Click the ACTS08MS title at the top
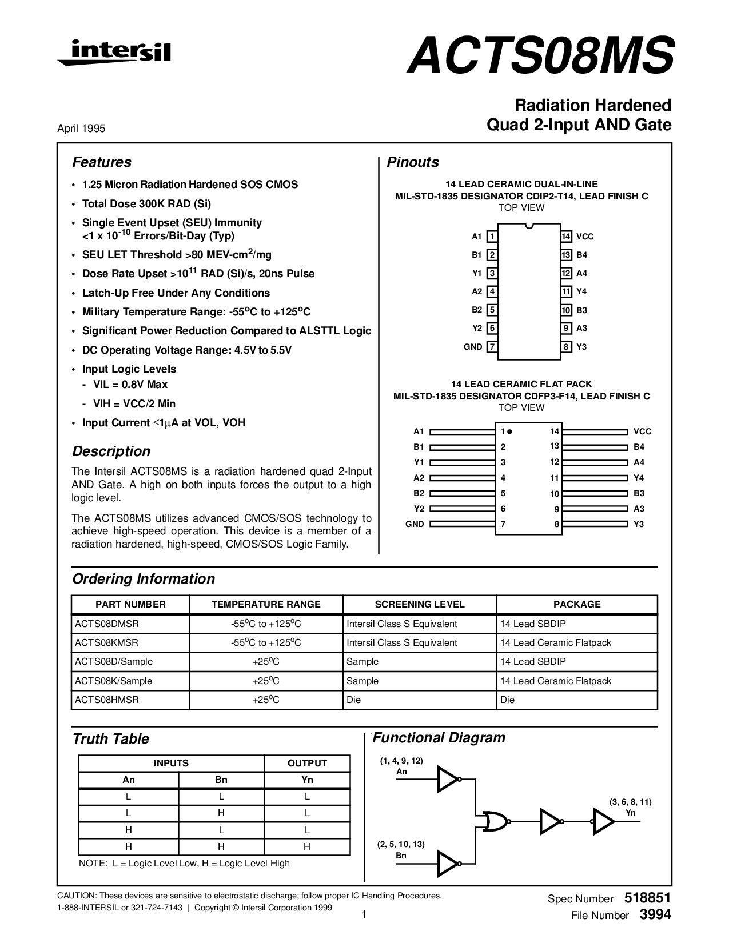tap(540, 56)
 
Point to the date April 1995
tap(81, 129)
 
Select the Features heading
tap(102, 162)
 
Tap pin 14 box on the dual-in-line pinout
tap(566, 237)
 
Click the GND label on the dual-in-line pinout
tap(473, 347)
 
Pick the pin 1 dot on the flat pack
tap(509, 431)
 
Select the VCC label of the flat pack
tap(642, 431)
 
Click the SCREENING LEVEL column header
tap(420, 604)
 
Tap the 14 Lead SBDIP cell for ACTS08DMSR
tap(533, 624)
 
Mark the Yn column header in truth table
tap(307, 780)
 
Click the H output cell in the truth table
tap(307, 846)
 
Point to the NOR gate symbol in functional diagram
tap(493, 821)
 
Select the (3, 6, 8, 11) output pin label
tap(630, 802)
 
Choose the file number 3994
tap(655, 914)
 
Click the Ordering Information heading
tap(144, 579)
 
